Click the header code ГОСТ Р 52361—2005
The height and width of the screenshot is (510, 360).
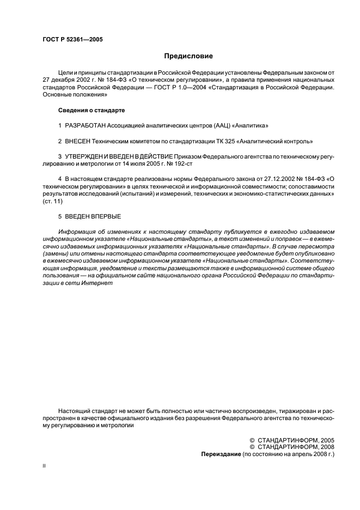72,39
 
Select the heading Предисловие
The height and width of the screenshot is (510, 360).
188,56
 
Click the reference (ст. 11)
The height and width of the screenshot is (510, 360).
53,201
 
